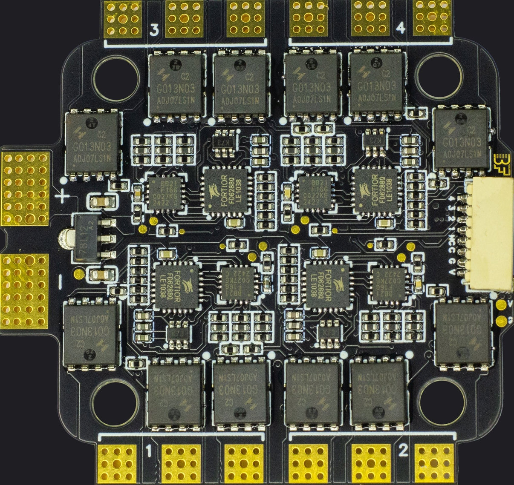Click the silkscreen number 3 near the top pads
tap(154, 30)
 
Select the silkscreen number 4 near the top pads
tap(401, 28)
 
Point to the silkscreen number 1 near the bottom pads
tap(149, 451)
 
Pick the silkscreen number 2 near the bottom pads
tap(403, 450)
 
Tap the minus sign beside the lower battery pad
tap(60, 280)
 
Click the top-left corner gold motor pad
tap(123, 18)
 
